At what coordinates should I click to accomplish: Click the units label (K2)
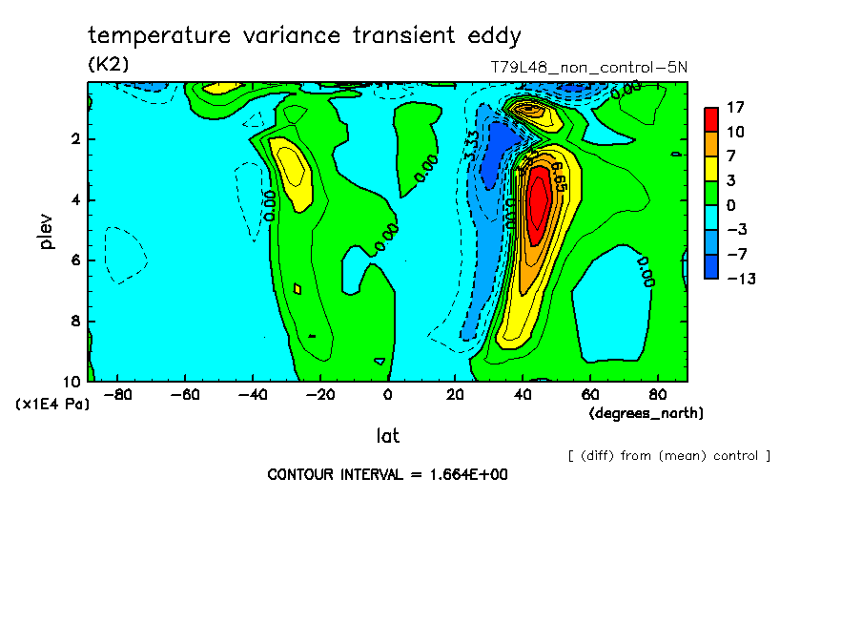click(x=108, y=65)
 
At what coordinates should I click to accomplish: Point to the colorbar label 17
click(x=735, y=107)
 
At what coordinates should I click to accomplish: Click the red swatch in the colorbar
click(x=711, y=119)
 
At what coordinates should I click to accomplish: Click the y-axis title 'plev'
click(x=46, y=231)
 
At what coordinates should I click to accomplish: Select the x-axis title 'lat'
click(x=387, y=436)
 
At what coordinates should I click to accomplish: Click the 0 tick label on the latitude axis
click(x=387, y=394)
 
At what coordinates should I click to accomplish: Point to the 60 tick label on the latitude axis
click(x=589, y=394)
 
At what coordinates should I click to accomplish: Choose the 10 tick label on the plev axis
click(x=72, y=381)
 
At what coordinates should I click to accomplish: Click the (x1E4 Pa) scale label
click(x=52, y=405)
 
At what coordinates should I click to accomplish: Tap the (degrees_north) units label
click(x=646, y=413)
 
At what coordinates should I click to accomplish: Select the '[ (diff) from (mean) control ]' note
click(x=668, y=456)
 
